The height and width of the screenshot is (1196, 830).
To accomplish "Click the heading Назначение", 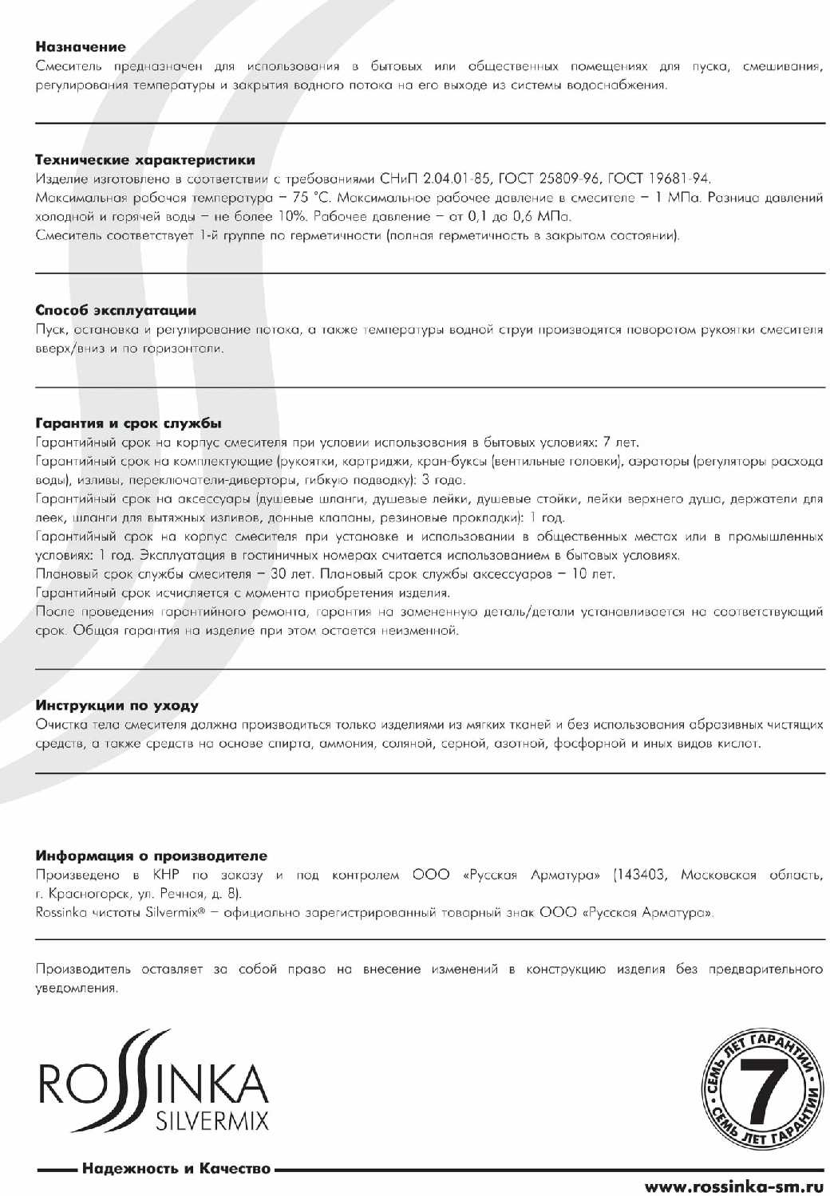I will pos(81,47).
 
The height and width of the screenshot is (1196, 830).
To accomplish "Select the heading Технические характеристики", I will pos(145,159).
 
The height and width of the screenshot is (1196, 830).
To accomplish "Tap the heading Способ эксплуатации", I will pos(116,310).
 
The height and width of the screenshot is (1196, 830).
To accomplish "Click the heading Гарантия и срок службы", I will pos(128,423).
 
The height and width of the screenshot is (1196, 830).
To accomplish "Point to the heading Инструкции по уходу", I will pos(117,705).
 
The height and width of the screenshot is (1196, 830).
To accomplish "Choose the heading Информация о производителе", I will pos(152,856).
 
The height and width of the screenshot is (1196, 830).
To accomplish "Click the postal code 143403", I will pos(642,875).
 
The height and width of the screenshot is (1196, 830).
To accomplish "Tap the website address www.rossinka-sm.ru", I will pos(733,1186).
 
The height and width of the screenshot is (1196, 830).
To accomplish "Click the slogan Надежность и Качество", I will pos(176,1170).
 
